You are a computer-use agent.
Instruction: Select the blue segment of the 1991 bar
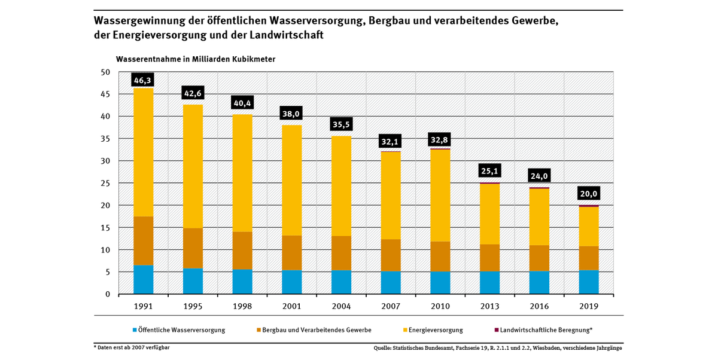[x=143, y=279]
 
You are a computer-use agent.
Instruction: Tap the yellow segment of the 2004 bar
[x=341, y=186]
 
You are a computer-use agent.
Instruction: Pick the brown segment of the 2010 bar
[x=440, y=257]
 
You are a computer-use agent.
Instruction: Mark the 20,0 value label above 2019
[x=588, y=194]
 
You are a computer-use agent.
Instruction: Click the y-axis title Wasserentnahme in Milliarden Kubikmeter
[x=195, y=59]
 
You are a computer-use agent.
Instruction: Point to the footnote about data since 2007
[x=132, y=347]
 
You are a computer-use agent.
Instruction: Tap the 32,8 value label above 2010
[x=440, y=141]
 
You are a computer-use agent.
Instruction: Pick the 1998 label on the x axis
[x=242, y=306]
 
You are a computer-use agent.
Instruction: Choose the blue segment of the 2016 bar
[x=539, y=283]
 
